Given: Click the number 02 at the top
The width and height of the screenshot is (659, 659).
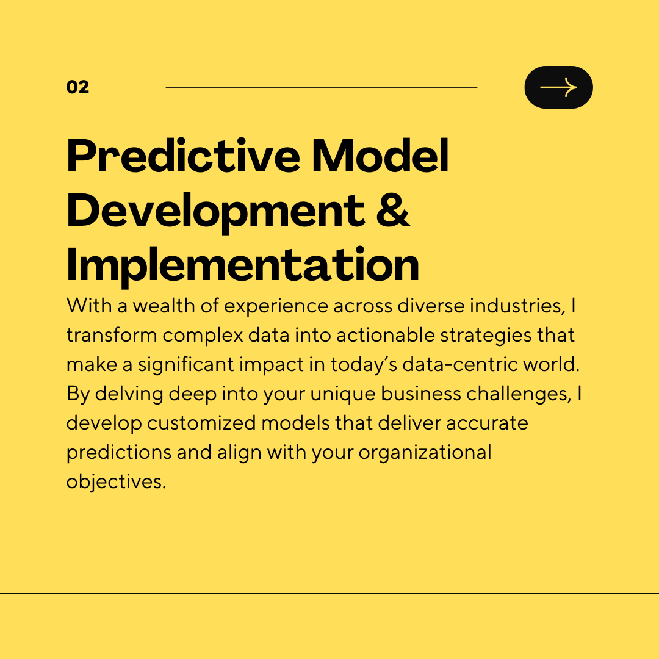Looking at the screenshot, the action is tap(77, 87).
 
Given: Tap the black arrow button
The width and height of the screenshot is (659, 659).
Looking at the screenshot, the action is tap(558, 87).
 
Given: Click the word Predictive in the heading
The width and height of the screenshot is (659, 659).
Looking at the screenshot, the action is tap(183, 156).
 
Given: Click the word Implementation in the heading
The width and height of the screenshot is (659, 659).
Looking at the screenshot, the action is tap(243, 264).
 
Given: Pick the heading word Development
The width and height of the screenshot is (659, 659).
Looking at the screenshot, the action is tap(215, 211).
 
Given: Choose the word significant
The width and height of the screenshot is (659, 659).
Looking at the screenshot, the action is tap(185, 365).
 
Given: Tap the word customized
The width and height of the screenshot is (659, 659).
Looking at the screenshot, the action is tap(201, 423).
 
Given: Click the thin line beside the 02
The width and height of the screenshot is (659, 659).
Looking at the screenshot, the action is tap(322, 87).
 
